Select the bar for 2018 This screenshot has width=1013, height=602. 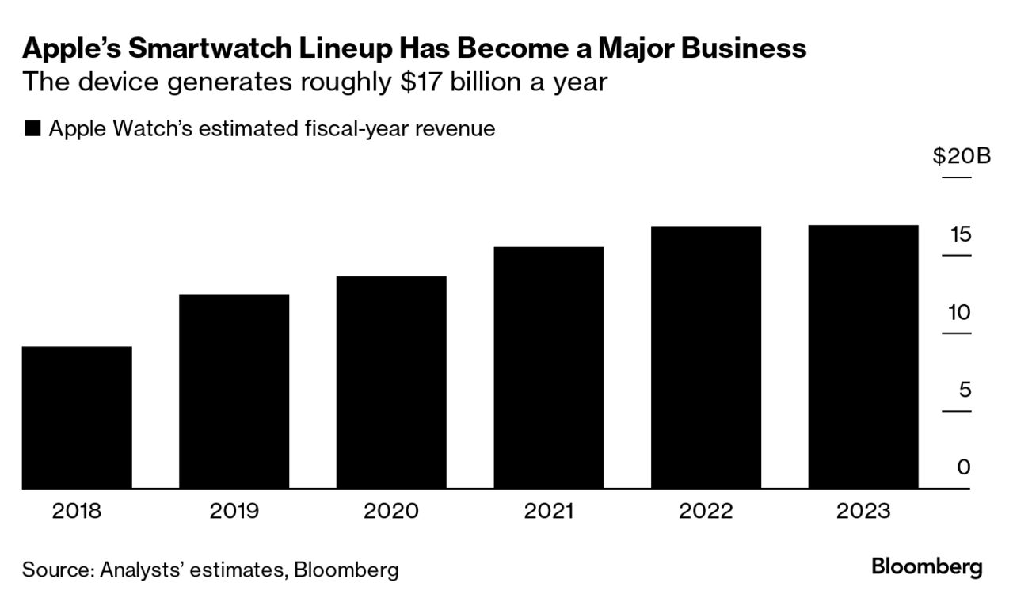[x=77, y=417]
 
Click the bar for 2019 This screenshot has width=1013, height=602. [x=234, y=391]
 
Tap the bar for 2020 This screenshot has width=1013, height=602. [x=391, y=382]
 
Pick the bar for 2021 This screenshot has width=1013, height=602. [x=548, y=368]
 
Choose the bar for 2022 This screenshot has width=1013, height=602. [x=706, y=357]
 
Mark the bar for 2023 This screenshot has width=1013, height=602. [x=863, y=356]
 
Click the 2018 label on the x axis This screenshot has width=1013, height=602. [x=77, y=511]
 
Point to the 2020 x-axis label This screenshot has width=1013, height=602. [x=391, y=511]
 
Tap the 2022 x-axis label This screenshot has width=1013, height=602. [x=706, y=511]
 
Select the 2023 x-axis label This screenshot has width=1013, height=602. [x=863, y=511]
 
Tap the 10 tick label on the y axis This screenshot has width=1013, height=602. [x=959, y=312]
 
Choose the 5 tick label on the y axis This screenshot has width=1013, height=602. [x=964, y=390]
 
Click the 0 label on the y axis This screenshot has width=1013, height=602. [x=964, y=467]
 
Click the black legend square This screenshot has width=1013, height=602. [x=32, y=129]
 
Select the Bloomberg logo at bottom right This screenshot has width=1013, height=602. [x=927, y=567]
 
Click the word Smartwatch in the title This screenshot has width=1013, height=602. [x=206, y=49]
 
